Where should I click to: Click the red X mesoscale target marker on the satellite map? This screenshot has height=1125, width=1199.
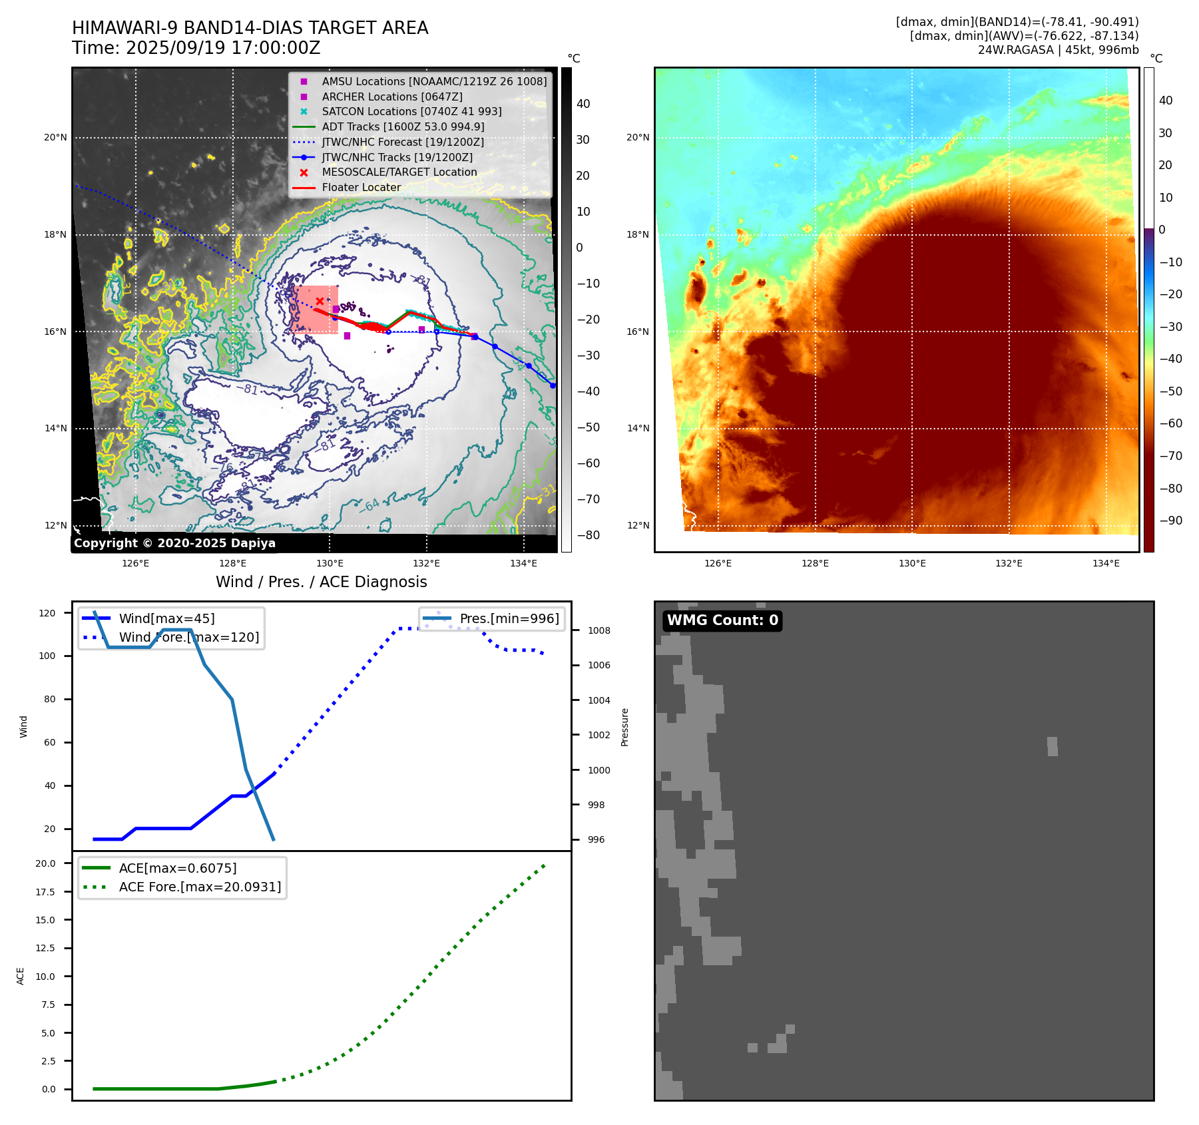pyautogui.click(x=320, y=302)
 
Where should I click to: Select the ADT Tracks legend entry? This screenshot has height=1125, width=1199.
pyautogui.click(x=403, y=126)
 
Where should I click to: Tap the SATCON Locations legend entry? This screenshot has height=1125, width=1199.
pyautogui.click(x=411, y=111)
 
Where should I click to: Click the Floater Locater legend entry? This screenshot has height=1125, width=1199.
pyautogui.click(x=361, y=188)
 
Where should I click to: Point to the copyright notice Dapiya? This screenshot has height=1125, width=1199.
pyautogui.click(x=174, y=543)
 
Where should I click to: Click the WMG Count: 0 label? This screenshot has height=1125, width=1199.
pyautogui.click(x=722, y=620)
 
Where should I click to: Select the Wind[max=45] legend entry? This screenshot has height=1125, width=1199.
pyautogui.click(x=166, y=618)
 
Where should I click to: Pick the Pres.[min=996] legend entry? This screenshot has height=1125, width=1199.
pyautogui.click(x=509, y=618)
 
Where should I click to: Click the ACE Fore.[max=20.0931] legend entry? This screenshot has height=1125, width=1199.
pyautogui.click(x=200, y=887)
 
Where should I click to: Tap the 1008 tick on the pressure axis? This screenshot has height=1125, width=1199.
pyautogui.click(x=599, y=630)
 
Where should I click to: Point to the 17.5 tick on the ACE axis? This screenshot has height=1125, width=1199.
pyautogui.click(x=45, y=892)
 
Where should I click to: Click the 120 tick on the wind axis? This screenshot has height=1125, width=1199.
pyautogui.click(x=47, y=613)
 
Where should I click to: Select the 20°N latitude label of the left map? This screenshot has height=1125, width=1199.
pyautogui.click(x=55, y=138)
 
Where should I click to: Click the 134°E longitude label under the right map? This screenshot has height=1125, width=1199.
pyautogui.click(x=1106, y=563)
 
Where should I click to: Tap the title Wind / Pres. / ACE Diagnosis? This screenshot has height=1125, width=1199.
pyautogui.click(x=321, y=582)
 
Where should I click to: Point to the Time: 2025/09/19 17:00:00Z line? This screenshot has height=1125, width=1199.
pyautogui.click(x=196, y=48)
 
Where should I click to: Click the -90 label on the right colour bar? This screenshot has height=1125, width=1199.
pyautogui.click(x=1170, y=521)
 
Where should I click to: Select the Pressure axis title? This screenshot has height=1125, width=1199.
pyautogui.click(x=624, y=727)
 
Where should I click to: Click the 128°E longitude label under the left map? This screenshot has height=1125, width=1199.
pyautogui.click(x=232, y=563)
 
